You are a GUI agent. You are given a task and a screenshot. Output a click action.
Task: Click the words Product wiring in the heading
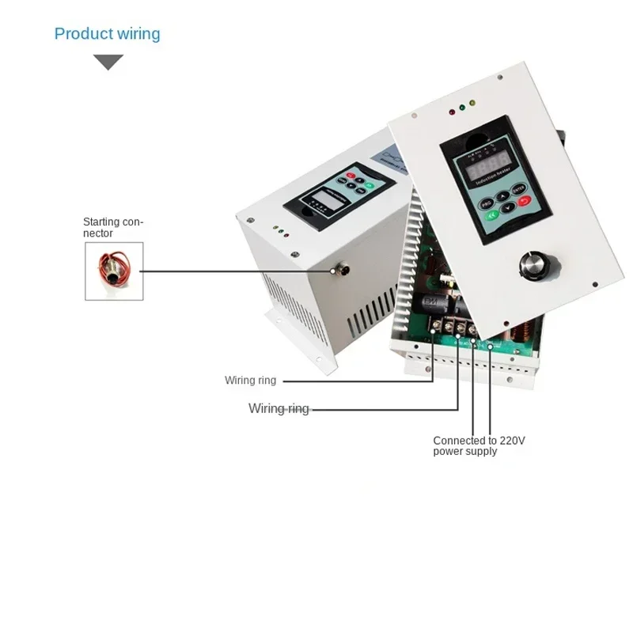click(107, 34)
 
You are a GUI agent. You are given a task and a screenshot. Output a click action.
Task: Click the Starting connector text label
click(114, 228)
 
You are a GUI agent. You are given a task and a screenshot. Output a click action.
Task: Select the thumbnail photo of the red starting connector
click(114, 271)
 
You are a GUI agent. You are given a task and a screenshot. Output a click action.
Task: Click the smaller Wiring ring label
click(251, 381)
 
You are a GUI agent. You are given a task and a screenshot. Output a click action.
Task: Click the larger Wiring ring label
click(279, 408)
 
